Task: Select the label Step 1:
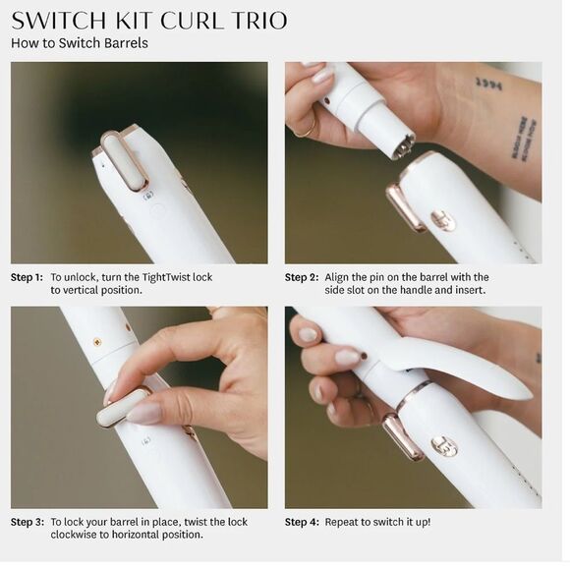tap(27, 277)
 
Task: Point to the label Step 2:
tap(302, 277)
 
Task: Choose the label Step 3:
tap(28, 522)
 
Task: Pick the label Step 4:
tap(302, 522)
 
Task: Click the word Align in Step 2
tap(335, 277)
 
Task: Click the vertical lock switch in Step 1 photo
tap(125, 160)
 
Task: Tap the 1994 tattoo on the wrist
tap(489, 85)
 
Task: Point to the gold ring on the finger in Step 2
tap(308, 129)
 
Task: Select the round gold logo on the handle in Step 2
tap(443, 220)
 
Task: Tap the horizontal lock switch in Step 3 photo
tap(123, 405)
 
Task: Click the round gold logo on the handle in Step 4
tap(444, 447)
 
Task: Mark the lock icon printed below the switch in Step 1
tap(149, 196)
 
